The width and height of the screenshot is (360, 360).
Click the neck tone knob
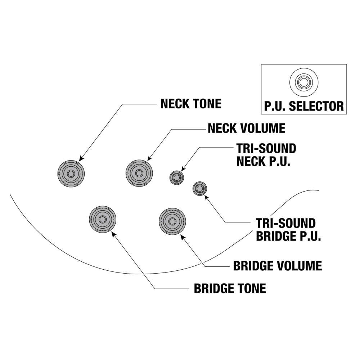pyautogui.click(x=71, y=173)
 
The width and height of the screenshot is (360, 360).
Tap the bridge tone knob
pyautogui.click(x=103, y=219)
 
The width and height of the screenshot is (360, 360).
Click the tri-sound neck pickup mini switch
pyautogui.click(x=177, y=177)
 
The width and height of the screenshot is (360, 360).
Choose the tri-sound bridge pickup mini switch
pyautogui.click(x=199, y=188)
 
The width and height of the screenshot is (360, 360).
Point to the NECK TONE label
pyautogui.click(x=190, y=104)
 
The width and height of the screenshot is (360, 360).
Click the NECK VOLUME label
pyautogui.click(x=246, y=128)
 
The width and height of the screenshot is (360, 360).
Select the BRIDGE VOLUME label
pyautogui.click(x=277, y=266)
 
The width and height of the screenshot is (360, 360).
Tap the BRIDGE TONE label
pyautogui.click(x=230, y=288)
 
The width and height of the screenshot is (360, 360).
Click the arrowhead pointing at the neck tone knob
pyautogui.click(x=81, y=158)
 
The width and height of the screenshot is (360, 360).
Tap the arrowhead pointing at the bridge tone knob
pyautogui.click(x=114, y=234)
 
